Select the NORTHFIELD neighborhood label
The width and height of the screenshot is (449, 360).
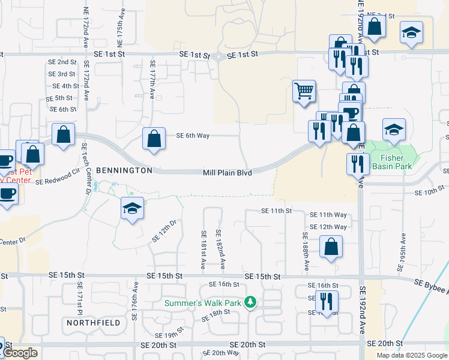pyautogui.click(x=93, y=323)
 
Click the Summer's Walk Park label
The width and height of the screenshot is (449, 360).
pyautogui.click(x=203, y=303)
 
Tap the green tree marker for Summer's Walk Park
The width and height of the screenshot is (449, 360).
pyautogui.click(x=254, y=302)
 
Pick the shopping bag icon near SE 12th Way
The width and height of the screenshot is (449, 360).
pyautogui.click(x=331, y=247)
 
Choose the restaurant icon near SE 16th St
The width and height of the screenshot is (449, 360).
pyautogui.click(x=327, y=301)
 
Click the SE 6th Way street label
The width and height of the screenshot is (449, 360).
pyautogui.click(x=193, y=136)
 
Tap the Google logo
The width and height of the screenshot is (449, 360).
pyautogui.click(x=21, y=353)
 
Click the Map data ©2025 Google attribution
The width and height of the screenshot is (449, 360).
pyautogui.click(x=411, y=355)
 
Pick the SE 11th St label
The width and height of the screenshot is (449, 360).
pyautogui.click(x=276, y=211)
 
